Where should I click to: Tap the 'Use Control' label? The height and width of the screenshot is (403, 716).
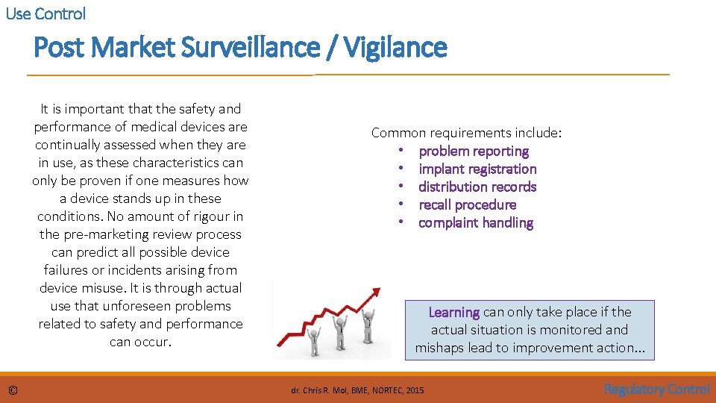click(45, 13)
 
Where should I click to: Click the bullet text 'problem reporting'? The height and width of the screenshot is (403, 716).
click(474, 151)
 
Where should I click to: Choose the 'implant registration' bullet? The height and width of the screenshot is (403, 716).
click(477, 169)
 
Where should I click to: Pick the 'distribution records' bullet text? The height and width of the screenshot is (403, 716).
click(477, 187)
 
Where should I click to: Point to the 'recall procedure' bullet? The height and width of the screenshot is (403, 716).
click(467, 204)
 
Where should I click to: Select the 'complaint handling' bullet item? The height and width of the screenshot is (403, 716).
click(476, 222)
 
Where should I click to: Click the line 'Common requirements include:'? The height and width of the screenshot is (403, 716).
click(467, 133)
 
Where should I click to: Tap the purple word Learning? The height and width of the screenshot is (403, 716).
click(453, 312)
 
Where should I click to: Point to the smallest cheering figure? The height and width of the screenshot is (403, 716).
click(313, 340)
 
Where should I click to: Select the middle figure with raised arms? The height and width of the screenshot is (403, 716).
click(342, 328)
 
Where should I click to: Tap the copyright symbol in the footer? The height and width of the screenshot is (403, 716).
click(13, 390)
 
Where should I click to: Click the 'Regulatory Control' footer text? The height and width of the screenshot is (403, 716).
click(656, 389)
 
